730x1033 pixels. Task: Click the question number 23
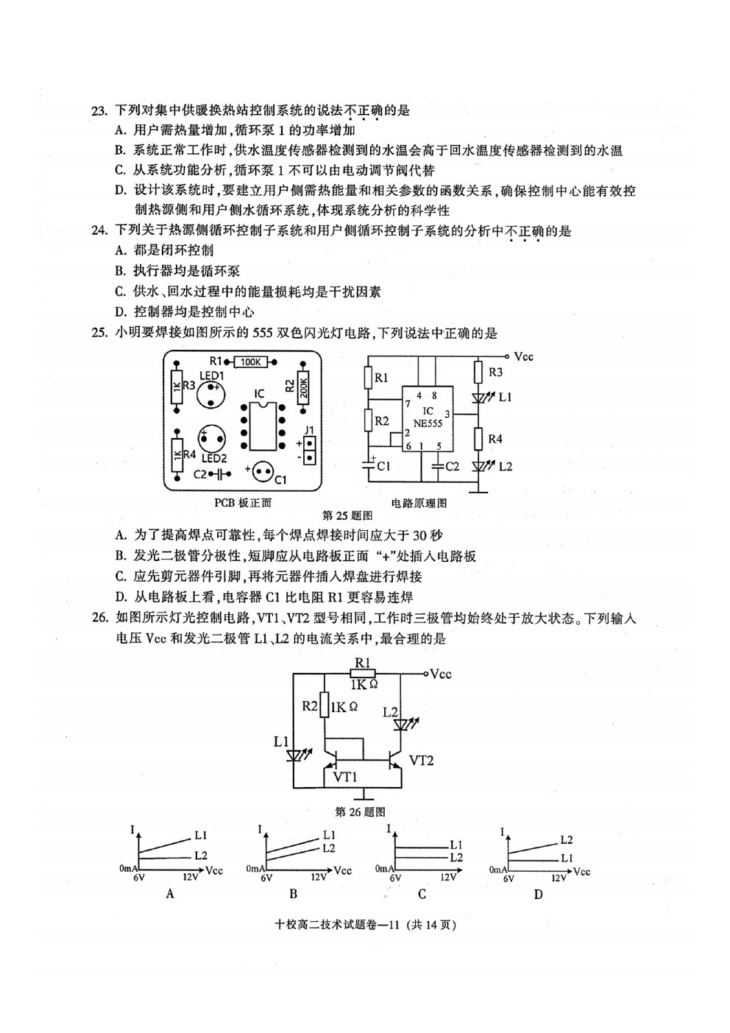coord(99,111)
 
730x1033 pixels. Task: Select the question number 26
coord(99,618)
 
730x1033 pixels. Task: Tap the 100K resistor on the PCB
coord(251,362)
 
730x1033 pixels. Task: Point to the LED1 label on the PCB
coord(212,376)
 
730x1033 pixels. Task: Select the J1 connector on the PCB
coord(310,451)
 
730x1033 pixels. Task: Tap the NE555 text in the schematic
coord(428,423)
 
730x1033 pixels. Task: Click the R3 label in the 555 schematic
coord(495,372)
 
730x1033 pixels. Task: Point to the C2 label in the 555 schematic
coord(452,467)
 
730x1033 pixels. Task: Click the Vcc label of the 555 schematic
coord(523,356)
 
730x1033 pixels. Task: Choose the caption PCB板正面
coord(243,503)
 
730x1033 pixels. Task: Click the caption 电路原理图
coord(419,503)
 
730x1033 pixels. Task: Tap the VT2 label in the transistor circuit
coord(421,760)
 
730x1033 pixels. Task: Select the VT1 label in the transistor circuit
coord(345,778)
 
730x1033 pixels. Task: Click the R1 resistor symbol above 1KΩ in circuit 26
coord(362,674)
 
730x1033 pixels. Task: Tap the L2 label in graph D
coord(567,840)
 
